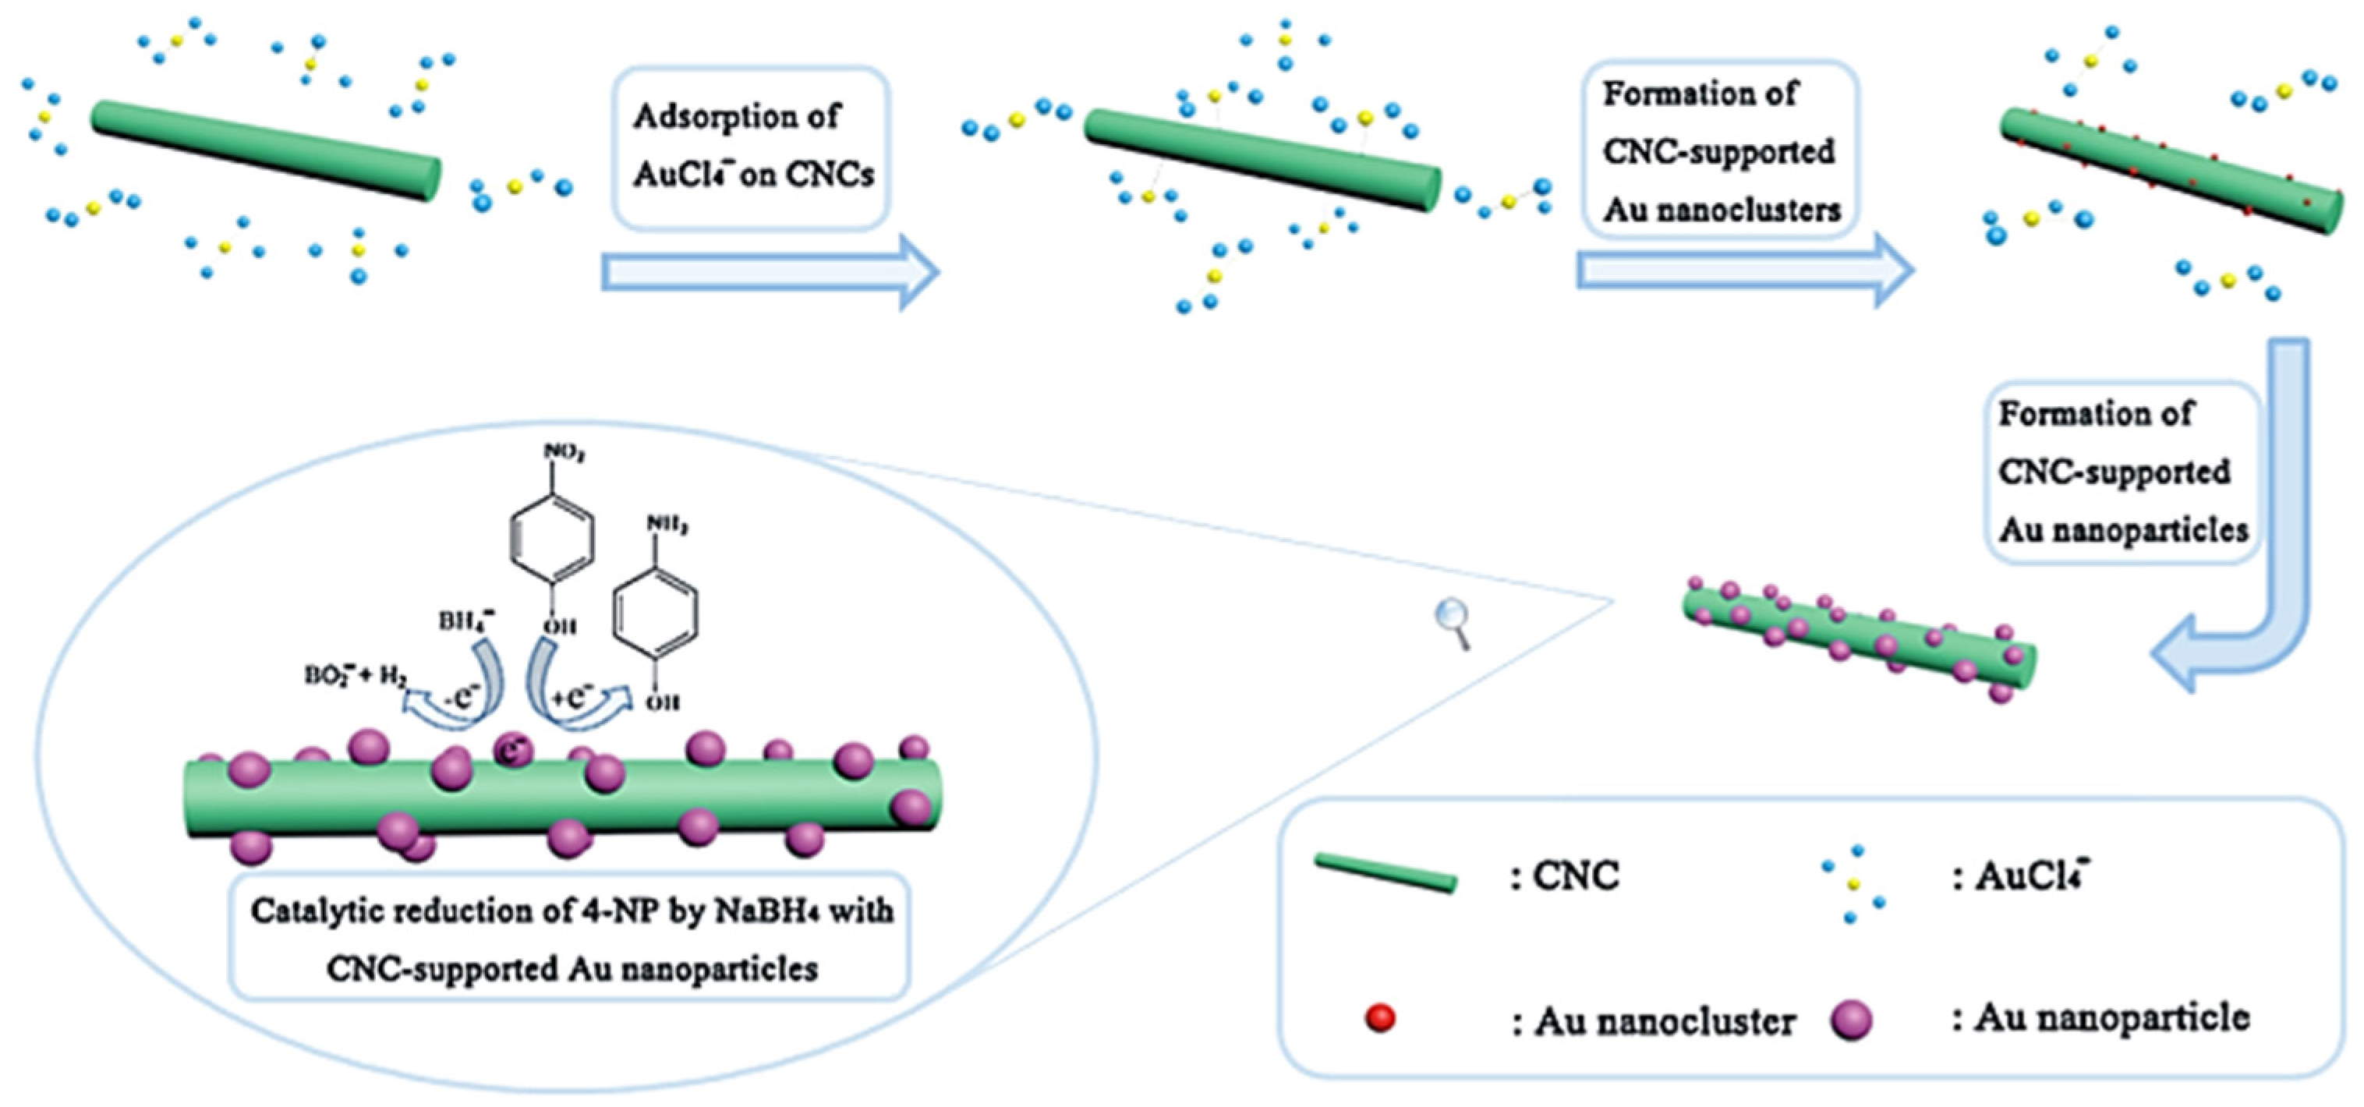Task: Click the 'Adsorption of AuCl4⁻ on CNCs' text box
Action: click(x=751, y=147)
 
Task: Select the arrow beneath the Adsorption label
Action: click(x=769, y=272)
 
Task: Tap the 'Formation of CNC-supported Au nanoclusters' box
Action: click(x=1720, y=150)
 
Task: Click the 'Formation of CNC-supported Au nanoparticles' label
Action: click(x=2122, y=472)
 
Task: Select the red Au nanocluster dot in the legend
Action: click(x=1380, y=1018)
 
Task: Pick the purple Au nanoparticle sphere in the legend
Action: click(x=1851, y=1020)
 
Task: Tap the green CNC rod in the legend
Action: click(x=1385, y=872)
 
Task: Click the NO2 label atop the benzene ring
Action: click(x=564, y=452)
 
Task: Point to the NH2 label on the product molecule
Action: click(x=667, y=525)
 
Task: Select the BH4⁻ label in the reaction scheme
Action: click(x=466, y=621)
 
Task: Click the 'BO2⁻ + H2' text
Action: click(x=356, y=677)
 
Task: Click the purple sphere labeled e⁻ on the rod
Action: click(x=512, y=749)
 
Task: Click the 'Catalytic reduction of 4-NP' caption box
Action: click(x=570, y=938)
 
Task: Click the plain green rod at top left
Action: click(x=266, y=150)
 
